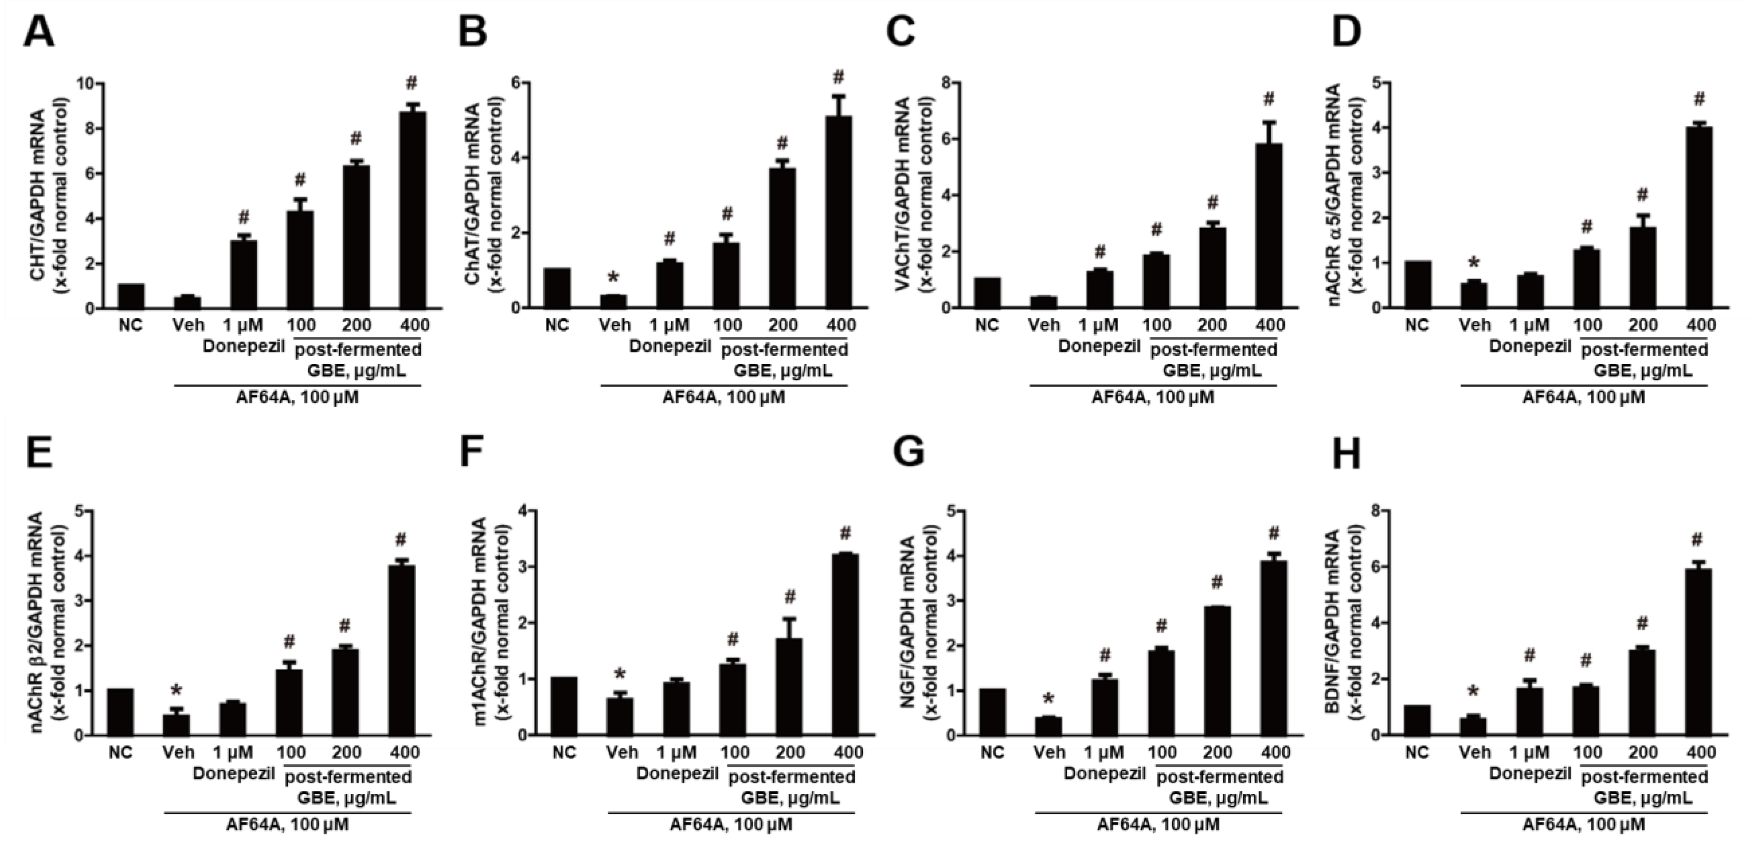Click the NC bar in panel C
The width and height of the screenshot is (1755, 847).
click(x=987, y=293)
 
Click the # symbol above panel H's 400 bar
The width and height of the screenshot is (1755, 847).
click(x=1696, y=541)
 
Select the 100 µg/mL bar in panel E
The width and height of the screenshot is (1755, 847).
click(x=289, y=702)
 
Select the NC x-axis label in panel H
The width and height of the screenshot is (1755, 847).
click(x=1416, y=752)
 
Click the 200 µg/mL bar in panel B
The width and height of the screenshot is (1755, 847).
click(x=782, y=238)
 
